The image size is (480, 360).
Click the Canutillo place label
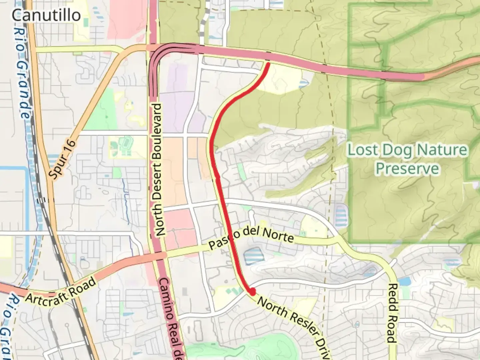tap(46, 15)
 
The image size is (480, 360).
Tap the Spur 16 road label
tap(63, 159)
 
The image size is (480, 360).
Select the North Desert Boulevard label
tap(159, 170)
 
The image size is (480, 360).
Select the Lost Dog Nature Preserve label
tap(407, 159)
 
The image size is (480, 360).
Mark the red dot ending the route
tap(252, 292)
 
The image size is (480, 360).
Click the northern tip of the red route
tap(268, 63)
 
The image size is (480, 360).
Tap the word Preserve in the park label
tap(407, 169)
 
